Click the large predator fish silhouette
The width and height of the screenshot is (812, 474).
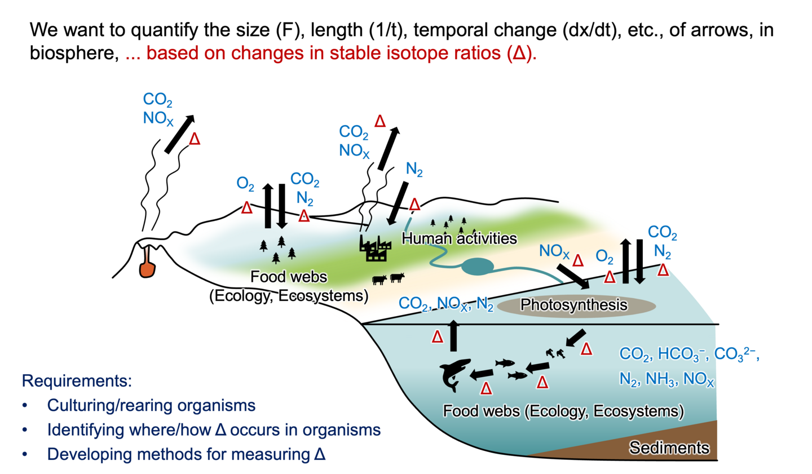pyautogui.click(x=454, y=375)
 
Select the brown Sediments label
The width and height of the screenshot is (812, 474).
pyautogui.click(x=669, y=448)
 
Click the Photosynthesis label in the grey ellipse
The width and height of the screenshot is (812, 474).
pyautogui.click(x=574, y=305)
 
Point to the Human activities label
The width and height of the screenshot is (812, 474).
pyautogui.click(x=459, y=238)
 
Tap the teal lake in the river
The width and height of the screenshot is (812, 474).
pyautogui.click(x=478, y=267)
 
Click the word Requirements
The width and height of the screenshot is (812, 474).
pyautogui.click(x=77, y=381)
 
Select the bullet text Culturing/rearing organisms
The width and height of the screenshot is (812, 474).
pyautogui.click(x=151, y=405)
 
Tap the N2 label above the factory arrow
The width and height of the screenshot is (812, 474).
pyautogui.click(x=414, y=169)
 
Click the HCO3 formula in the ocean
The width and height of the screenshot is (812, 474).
pyautogui.click(x=682, y=354)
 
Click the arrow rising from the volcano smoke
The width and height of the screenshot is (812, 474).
pyautogui.click(x=179, y=134)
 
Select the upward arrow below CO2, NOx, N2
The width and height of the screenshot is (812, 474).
pyautogui.click(x=453, y=335)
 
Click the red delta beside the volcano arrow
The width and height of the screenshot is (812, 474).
pyautogui.click(x=195, y=139)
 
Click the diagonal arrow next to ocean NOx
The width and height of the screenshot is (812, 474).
pyautogui.click(x=573, y=277)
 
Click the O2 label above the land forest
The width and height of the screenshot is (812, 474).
pyautogui.click(x=245, y=183)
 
